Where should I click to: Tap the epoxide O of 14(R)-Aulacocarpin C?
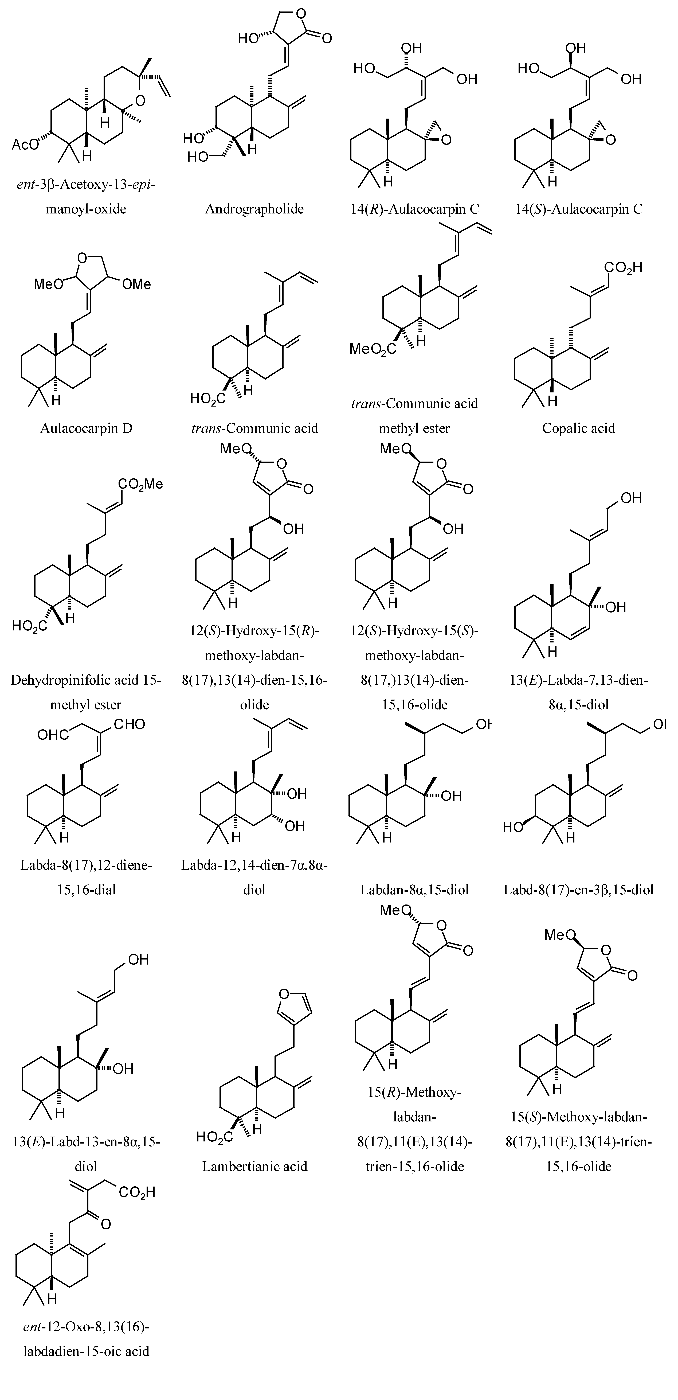pyautogui.click(x=446, y=140)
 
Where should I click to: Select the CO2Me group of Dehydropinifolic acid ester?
pyautogui.click(x=140, y=484)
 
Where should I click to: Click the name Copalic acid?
pyautogui.click(x=579, y=428)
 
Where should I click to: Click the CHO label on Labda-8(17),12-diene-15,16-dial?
pyautogui.click(x=129, y=724)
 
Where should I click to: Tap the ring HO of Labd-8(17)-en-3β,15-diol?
pyautogui.click(x=513, y=827)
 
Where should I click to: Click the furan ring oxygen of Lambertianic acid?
pyautogui.click(x=284, y=994)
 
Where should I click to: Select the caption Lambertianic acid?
pyautogui.click(x=254, y=1166)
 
